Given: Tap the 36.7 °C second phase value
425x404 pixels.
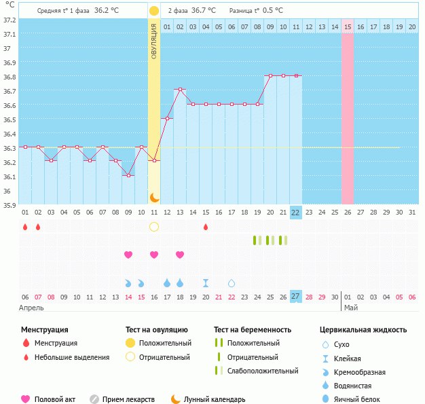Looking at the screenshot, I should coord(203,11).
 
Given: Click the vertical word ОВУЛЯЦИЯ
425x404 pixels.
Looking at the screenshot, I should coord(154,41).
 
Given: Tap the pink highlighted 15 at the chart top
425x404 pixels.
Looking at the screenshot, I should coord(347,26).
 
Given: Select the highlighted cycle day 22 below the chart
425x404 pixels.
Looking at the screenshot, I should coord(295,212).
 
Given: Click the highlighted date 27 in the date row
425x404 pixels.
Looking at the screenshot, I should coord(295,296).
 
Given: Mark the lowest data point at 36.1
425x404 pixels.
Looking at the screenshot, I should coord(128,175).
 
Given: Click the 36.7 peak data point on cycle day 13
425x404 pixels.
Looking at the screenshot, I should coord(180,90).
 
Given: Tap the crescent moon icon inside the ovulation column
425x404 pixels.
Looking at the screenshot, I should coord(154,197).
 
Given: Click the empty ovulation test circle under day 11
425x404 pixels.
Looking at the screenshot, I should coord(154,227).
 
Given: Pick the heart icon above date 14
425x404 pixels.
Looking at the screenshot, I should coord(128,255).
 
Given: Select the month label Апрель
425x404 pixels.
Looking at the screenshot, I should coord(31,308).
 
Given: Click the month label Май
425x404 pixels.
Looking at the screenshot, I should coord(350,308).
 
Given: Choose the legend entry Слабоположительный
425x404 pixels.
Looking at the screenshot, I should coord(263,371).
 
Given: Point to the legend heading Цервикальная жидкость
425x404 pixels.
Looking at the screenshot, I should coord(363,329).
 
